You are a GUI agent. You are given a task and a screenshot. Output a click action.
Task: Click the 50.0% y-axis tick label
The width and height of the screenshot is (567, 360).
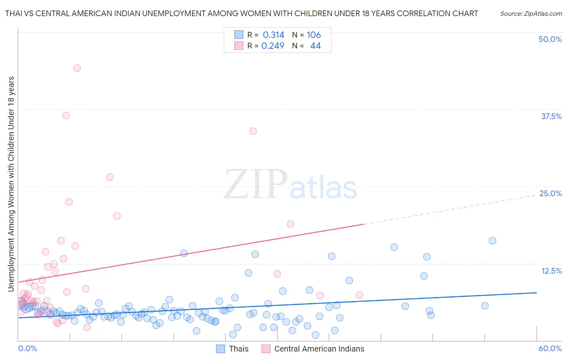pos(550,39)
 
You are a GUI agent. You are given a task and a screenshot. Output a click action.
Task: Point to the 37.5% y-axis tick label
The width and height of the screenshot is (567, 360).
pos(551,116)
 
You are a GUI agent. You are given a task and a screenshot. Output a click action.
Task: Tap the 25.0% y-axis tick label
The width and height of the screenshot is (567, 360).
pos(550,193)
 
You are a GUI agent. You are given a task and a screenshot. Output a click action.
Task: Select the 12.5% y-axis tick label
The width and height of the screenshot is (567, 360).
pos(551,271)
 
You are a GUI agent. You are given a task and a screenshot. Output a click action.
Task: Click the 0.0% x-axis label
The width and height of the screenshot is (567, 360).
pos(27,348)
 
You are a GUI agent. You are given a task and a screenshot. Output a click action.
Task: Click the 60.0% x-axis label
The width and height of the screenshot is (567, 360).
pos(550,348)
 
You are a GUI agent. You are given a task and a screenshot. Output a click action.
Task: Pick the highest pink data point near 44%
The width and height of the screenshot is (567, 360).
pos(77,68)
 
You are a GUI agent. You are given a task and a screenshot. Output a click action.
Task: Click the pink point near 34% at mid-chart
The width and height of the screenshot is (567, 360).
pos(253,131)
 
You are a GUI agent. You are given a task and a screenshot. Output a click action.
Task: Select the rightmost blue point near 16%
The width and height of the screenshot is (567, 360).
pos(492,241)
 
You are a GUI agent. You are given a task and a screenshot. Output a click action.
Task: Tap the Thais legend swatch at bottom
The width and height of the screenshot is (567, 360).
pos(221,349)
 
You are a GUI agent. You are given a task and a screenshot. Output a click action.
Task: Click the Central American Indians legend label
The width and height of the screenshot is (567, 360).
pos(319,349)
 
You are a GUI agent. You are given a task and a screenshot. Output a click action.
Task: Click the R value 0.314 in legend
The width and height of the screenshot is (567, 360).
pos(273,35)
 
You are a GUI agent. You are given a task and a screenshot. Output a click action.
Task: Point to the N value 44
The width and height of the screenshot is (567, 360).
pos(315,46)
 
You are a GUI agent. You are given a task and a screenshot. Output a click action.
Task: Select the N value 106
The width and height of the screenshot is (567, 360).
pos(314,35)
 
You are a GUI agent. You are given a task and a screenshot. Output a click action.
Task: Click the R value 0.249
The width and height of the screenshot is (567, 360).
pos(273,46)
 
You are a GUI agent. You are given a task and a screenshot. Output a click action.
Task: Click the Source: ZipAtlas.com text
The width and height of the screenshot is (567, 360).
pos(531,13)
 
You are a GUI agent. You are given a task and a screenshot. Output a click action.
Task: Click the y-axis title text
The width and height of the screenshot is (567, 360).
pos(11,184)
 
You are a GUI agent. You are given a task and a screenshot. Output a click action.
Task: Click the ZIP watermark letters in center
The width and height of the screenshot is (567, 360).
pos(256,184)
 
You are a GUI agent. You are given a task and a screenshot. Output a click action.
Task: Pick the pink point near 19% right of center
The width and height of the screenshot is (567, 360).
pos(290,224)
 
